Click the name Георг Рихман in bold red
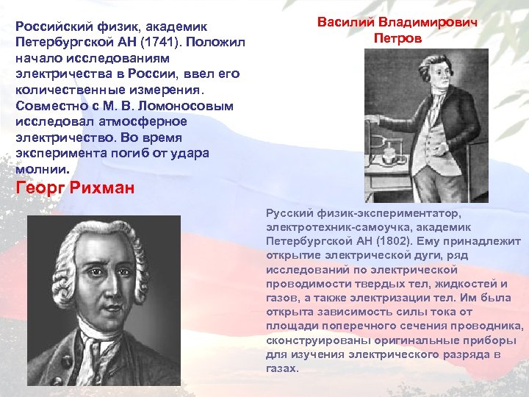pyautogui.click(x=75, y=188)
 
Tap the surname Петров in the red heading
pyautogui.click(x=397, y=37)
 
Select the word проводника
pyautogui.click(x=489, y=326)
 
